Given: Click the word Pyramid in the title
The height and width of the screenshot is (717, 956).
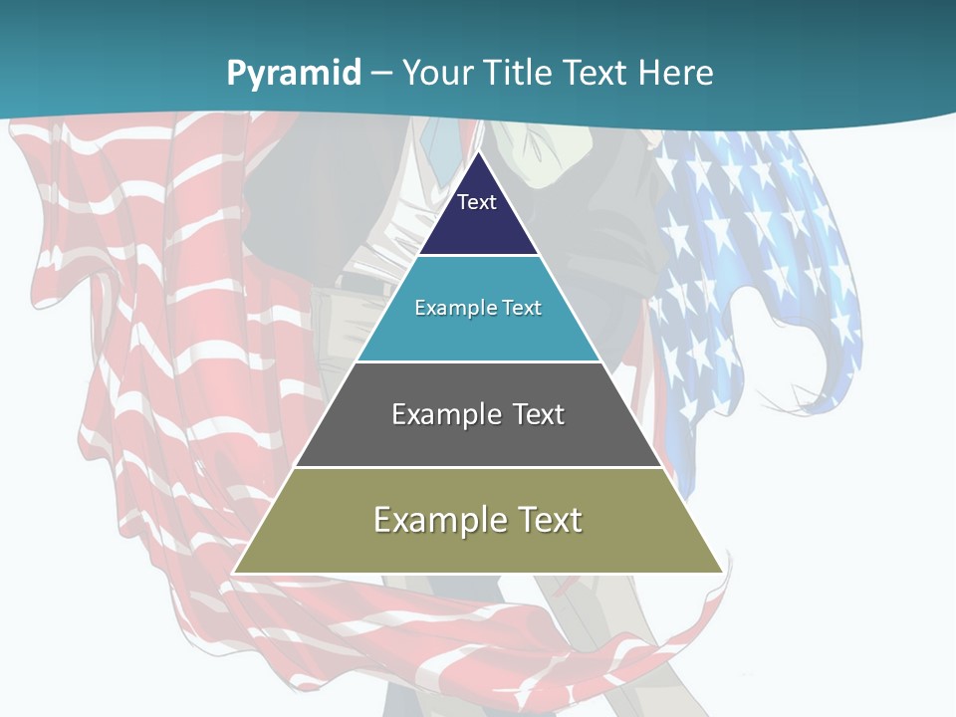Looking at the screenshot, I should pos(293,74).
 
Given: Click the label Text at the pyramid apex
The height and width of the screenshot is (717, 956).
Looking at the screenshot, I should pos(477,202).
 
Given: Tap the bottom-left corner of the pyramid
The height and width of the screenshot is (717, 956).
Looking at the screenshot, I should pos(234,572).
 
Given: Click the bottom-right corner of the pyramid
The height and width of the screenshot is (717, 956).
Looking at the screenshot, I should pos(722,572).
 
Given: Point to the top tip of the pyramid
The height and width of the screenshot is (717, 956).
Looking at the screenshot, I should pos(478,152).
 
